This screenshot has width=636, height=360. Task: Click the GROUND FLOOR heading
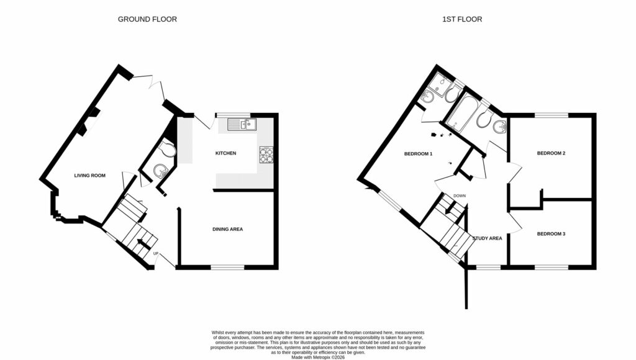click(x=147, y=19)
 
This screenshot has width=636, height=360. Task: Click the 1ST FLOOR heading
click(x=461, y=19)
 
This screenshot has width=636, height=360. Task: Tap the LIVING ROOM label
click(x=90, y=176)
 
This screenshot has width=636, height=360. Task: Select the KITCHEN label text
click(x=225, y=153)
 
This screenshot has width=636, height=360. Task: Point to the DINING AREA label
click(x=227, y=229)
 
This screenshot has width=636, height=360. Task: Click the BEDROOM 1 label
click(x=418, y=154)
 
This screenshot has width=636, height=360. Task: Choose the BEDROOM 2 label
click(x=551, y=153)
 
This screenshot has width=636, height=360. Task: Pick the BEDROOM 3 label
click(x=551, y=234)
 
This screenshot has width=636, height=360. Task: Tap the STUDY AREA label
click(x=487, y=238)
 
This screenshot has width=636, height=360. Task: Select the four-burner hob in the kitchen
click(x=266, y=155)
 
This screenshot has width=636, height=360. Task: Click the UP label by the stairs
click(x=156, y=253)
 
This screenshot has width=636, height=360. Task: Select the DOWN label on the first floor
click(x=460, y=196)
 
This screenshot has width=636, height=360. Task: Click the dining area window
click(x=227, y=268)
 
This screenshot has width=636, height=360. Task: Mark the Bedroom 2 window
click(x=551, y=115)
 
